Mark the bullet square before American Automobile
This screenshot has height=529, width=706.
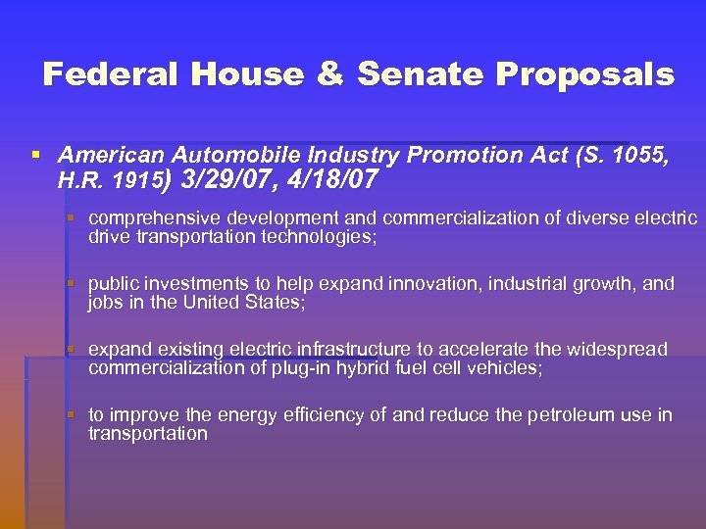(x=36, y=155)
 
